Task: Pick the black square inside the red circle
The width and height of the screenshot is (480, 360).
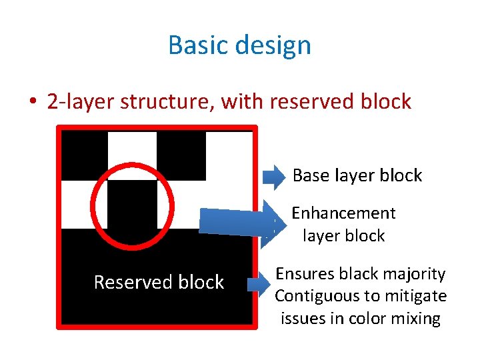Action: tap(132, 204)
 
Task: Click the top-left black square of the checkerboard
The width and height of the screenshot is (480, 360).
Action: tap(84, 155)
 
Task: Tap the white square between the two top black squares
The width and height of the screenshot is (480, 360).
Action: tap(132, 155)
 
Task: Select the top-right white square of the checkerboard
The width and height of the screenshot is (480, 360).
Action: tap(229, 155)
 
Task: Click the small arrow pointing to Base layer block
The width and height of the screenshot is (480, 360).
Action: tap(273, 176)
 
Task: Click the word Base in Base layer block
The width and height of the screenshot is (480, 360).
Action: tap(310, 175)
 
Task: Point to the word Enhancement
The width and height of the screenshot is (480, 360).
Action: tap(343, 213)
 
